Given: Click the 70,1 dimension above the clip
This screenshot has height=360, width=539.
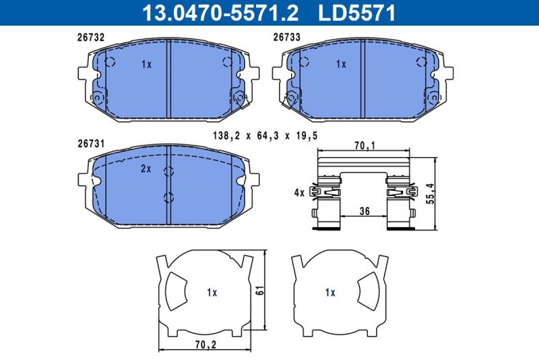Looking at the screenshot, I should [364, 144].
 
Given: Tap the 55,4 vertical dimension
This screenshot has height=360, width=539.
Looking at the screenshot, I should [432, 194].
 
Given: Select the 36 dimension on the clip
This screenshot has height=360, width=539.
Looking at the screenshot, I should [364, 211].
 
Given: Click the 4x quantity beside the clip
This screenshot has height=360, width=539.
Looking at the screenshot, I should [299, 193].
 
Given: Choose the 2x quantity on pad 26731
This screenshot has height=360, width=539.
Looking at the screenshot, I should [146, 169].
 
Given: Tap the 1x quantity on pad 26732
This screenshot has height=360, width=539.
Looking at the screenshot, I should [148, 65].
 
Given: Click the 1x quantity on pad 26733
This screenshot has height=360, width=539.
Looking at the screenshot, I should [341, 65].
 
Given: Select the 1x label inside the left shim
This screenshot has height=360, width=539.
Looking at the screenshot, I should [212, 293].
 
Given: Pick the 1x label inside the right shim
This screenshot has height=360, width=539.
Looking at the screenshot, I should [330, 293].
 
